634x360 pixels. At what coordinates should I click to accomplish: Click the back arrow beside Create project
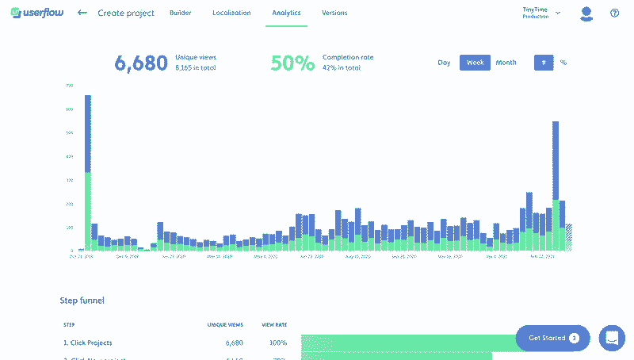82,13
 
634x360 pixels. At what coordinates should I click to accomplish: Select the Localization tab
231,13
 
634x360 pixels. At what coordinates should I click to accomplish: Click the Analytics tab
286,13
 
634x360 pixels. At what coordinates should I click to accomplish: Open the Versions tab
334,13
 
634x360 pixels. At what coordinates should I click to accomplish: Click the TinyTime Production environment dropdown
541,13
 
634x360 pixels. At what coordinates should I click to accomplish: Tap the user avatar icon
586,13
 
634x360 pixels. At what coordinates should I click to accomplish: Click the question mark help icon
614,13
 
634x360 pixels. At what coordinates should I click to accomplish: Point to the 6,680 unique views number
141,63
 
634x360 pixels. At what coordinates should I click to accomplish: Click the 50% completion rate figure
292,63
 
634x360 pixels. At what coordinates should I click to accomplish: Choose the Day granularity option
444,63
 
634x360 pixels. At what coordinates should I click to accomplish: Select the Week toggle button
475,63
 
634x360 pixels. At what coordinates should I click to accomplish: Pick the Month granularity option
506,63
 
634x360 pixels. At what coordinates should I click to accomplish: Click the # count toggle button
544,63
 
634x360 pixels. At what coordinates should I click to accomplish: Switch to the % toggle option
563,63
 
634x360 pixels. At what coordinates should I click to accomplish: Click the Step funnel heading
82,301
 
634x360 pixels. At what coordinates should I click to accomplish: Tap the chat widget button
612,338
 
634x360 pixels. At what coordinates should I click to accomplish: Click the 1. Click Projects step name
88,343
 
